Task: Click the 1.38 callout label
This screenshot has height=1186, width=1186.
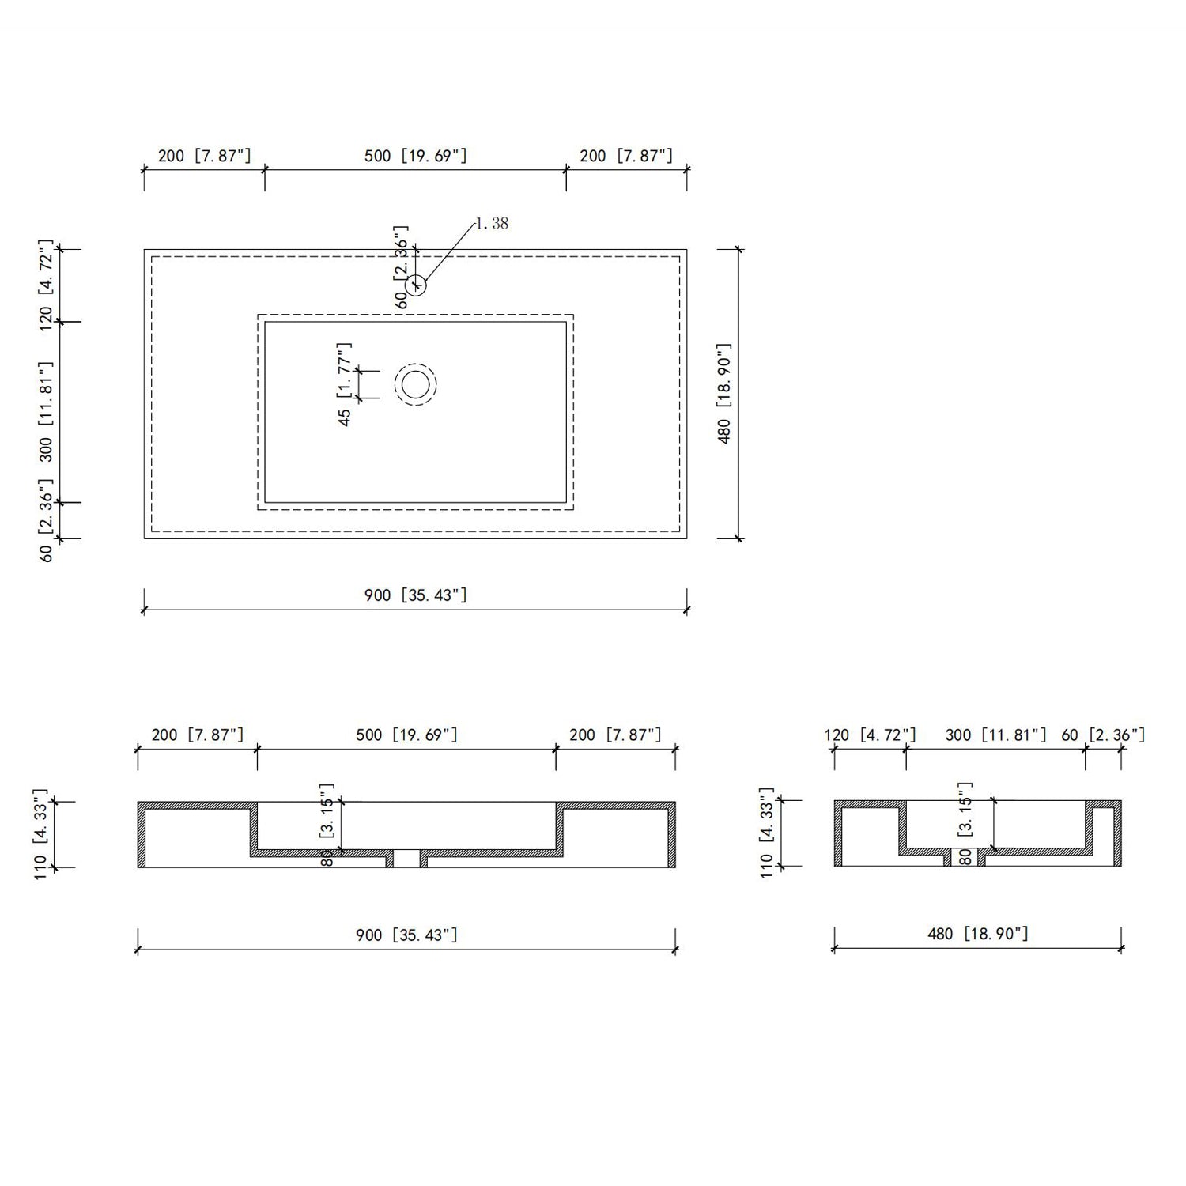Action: (492, 223)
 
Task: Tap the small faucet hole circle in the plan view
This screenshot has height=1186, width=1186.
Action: (417, 285)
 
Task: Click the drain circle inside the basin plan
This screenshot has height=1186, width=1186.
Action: (416, 385)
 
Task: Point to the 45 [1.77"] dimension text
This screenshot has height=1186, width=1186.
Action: (345, 385)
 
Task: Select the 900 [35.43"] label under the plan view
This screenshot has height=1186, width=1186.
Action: (416, 595)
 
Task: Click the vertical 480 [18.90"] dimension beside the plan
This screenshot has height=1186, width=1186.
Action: (725, 394)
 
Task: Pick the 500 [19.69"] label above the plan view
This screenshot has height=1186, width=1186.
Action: (416, 156)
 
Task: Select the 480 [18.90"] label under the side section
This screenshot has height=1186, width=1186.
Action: (978, 934)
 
